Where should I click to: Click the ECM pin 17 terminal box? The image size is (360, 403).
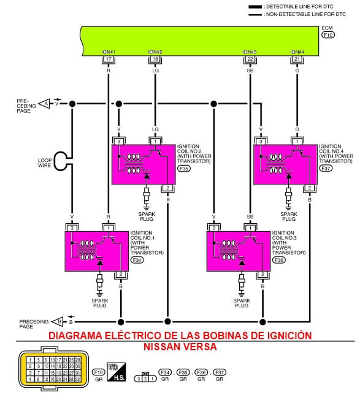108,59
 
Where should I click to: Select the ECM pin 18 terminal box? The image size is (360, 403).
156,59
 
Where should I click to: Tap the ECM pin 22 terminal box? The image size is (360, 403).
250,59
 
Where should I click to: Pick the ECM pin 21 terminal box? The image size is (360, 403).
298,59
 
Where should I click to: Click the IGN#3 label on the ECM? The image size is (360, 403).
250,52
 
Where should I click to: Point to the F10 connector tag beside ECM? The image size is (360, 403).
327,36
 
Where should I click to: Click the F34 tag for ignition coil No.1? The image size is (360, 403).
137,260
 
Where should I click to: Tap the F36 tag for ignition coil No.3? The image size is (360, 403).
278,260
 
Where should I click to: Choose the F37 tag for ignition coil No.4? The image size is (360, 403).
326,167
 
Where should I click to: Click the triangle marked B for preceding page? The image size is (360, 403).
58,321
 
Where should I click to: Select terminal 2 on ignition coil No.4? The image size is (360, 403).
310,188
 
